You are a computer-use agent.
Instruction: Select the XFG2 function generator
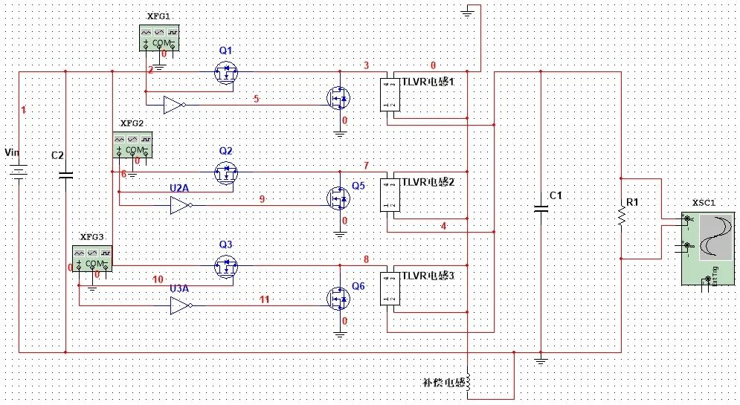132,144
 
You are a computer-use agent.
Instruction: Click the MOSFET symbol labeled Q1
225,72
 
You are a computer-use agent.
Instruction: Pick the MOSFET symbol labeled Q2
225,172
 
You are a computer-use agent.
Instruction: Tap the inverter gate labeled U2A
181,206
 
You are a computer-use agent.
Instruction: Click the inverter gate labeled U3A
181,305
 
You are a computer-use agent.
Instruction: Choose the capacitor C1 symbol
541,209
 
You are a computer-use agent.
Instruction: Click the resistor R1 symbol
620,216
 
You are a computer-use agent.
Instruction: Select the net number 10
158,279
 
